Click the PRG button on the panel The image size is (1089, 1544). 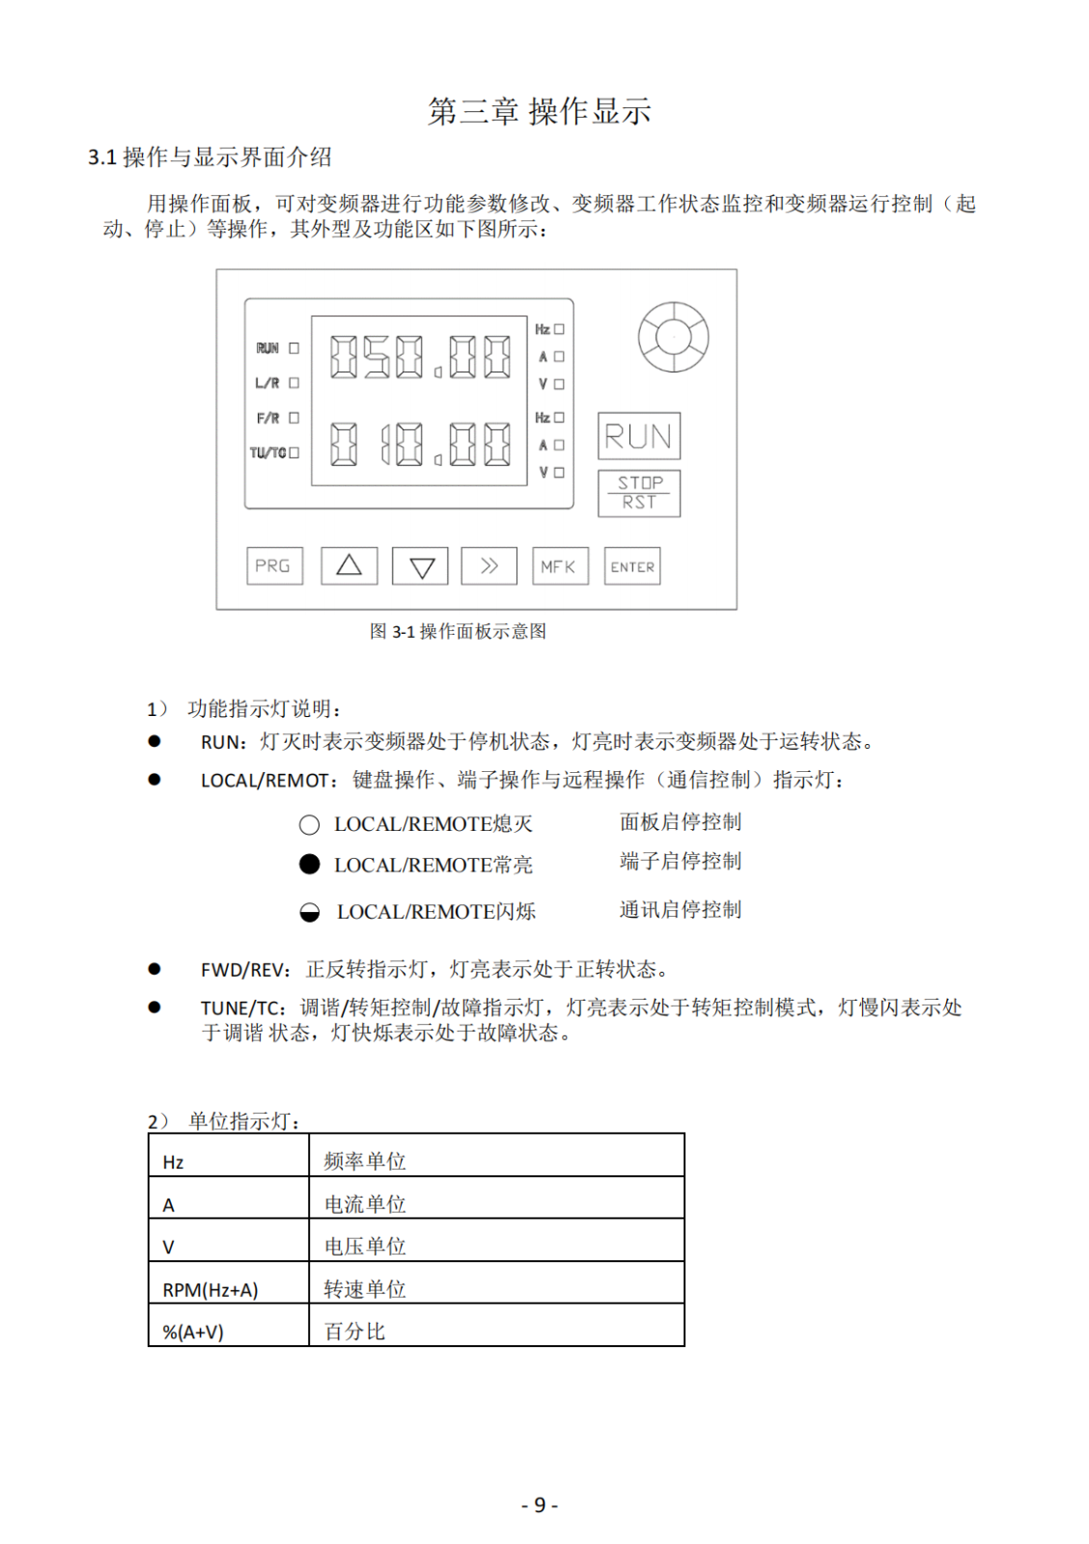(x=274, y=565)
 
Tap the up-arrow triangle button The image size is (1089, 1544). (x=349, y=565)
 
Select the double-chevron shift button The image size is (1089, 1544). (x=489, y=565)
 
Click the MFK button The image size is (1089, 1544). (x=559, y=566)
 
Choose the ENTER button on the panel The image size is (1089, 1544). (x=632, y=566)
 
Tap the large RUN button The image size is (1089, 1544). (x=638, y=436)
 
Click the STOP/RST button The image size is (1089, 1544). (x=638, y=493)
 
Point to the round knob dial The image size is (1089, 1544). (x=673, y=337)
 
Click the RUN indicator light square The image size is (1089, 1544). (x=294, y=348)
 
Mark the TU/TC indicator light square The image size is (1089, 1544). (x=294, y=453)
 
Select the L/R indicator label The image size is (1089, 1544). (x=267, y=383)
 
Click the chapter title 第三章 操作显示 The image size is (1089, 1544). (x=540, y=111)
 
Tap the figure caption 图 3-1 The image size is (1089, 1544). (x=458, y=631)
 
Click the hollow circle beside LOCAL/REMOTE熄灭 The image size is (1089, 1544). (x=309, y=825)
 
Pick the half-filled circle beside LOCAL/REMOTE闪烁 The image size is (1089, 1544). (x=309, y=912)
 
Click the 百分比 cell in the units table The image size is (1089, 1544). (x=354, y=1332)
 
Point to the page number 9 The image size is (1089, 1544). (x=540, y=1505)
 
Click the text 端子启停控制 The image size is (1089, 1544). (x=680, y=861)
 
